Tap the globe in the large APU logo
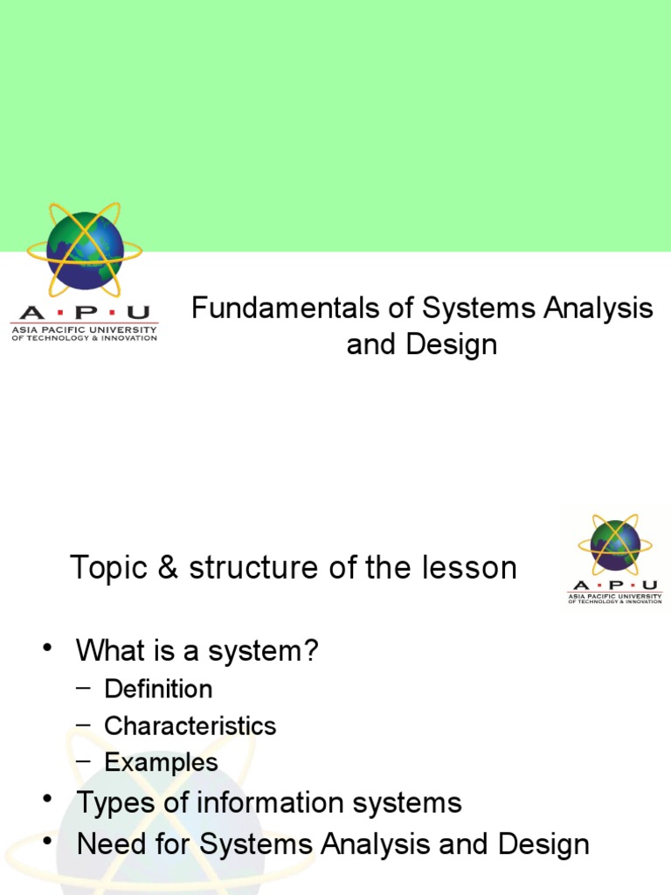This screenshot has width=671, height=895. pyautogui.click(x=85, y=252)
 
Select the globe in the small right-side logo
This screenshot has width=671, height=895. pyautogui.click(x=615, y=545)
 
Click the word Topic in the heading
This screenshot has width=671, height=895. pyautogui.click(x=104, y=568)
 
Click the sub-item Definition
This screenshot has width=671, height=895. pyautogui.click(x=158, y=689)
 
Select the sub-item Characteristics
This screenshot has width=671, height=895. pyautogui.click(x=190, y=725)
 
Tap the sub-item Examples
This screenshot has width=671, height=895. pyautogui.click(x=161, y=762)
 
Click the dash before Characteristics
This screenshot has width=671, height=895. pyautogui.click(x=83, y=725)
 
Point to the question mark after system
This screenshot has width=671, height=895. pyautogui.click(x=311, y=650)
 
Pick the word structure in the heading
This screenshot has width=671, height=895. pyautogui.click(x=243, y=568)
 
